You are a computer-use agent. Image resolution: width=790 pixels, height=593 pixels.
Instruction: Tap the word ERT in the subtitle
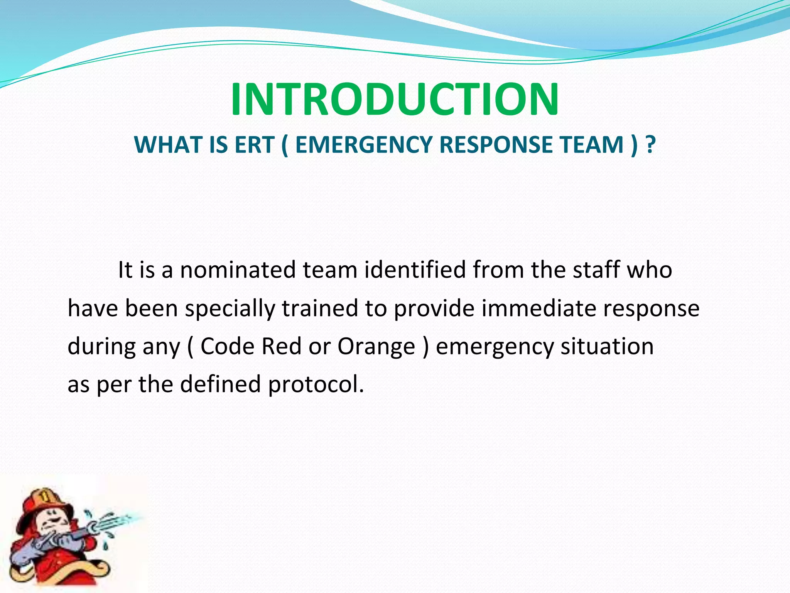click(x=254, y=145)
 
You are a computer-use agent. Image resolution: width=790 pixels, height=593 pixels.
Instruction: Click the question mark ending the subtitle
click(x=650, y=145)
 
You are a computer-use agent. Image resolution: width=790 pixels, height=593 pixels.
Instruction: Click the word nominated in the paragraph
click(x=238, y=270)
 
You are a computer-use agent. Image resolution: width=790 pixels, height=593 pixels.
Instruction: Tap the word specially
click(x=230, y=309)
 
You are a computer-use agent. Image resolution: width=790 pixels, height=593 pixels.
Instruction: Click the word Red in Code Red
click(x=281, y=346)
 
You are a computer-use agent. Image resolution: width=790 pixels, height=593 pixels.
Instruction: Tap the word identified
click(x=415, y=270)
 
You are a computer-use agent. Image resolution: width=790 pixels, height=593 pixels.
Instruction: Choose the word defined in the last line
click(x=220, y=385)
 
